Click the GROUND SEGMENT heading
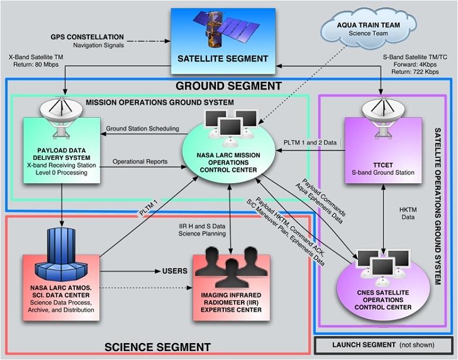pyautogui.click(x=229, y=86)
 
